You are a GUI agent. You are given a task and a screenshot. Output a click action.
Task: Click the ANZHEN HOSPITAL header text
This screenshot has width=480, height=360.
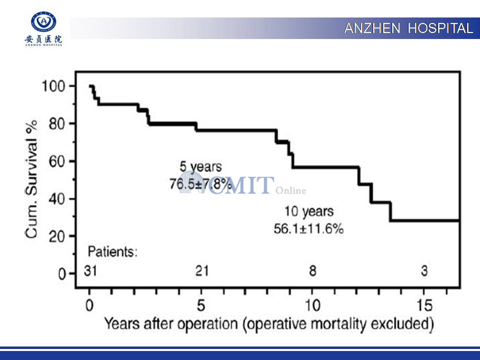408,28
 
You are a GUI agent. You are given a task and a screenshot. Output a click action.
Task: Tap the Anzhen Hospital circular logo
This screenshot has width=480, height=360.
43,22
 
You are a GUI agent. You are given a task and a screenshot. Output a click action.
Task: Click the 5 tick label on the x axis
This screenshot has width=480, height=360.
200,304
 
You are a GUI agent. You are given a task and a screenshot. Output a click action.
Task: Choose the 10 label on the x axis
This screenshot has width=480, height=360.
311,304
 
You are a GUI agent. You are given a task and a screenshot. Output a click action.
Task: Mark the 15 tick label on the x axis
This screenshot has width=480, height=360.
423,304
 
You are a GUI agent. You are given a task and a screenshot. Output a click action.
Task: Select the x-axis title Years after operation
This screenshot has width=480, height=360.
268,323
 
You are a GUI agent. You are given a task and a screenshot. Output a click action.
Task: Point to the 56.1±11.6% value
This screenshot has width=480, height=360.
308,228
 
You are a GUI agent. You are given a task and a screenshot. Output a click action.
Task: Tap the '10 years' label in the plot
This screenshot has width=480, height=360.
308,211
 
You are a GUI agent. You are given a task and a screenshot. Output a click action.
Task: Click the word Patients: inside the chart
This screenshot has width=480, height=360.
112,251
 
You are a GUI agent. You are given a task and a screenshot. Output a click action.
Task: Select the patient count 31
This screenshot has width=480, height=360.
90,271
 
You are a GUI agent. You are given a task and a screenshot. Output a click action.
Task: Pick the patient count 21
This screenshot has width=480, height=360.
201,271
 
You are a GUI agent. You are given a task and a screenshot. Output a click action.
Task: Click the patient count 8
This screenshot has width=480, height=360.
312,271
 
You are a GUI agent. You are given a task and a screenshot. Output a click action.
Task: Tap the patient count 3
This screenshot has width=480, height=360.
424,271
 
